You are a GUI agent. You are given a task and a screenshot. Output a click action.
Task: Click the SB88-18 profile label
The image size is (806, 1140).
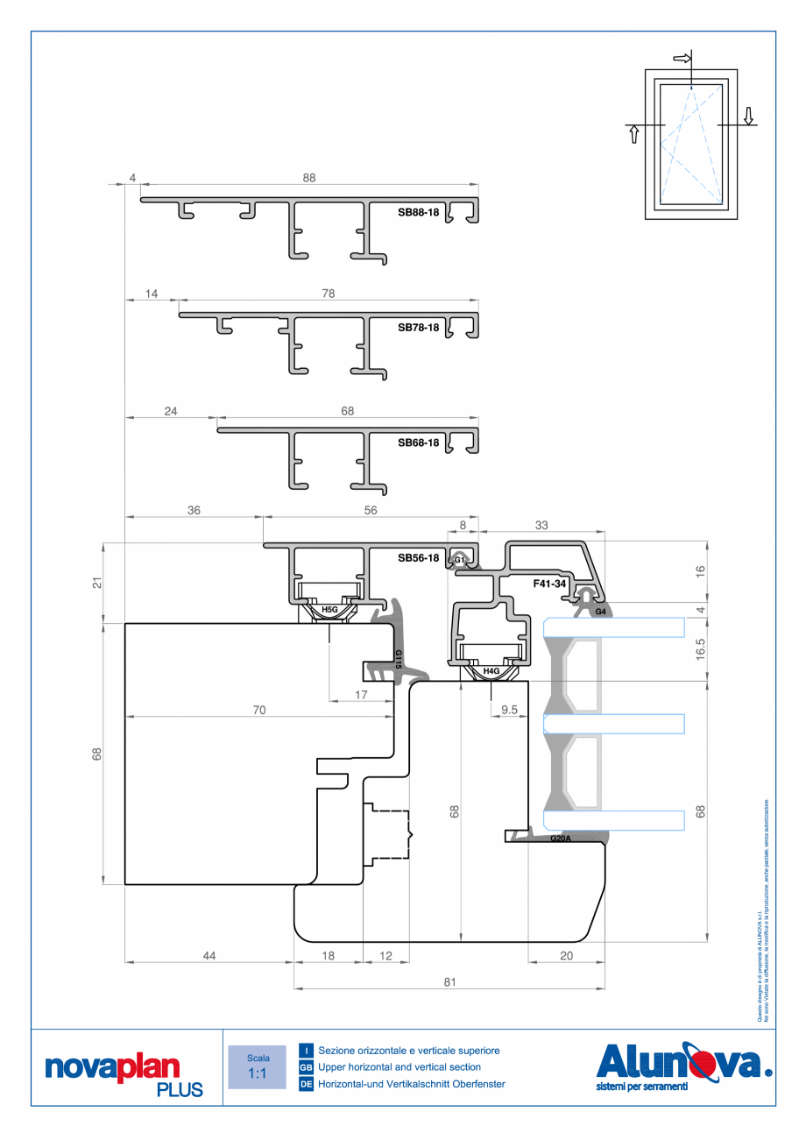(x=418, y=212)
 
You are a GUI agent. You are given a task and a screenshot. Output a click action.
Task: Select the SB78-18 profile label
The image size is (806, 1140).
(x=418, y=328)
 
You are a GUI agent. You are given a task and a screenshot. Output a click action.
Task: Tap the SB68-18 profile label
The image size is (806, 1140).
(x=418, y=443)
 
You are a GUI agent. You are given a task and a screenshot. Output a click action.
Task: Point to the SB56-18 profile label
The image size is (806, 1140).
(x=418, y=557)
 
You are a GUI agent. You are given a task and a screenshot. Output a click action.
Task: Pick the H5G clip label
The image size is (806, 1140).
(x=329, y=608)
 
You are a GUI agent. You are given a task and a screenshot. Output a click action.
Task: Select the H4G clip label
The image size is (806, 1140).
(x=491, y=671)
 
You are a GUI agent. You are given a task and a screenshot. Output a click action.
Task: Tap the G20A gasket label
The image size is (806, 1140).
(x=561, y=839)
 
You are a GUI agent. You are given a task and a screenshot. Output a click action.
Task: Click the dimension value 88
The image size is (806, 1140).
(x=308, y=178)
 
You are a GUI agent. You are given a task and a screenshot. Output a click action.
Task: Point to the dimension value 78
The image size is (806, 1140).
(x=329, y=294)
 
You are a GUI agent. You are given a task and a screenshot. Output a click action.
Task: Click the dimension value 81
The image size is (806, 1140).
(x=449, y=982)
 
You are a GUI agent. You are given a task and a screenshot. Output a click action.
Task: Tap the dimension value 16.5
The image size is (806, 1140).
(x=700, y=649)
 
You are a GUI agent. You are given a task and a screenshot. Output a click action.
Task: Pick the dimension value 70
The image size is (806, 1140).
(x=258, y=711)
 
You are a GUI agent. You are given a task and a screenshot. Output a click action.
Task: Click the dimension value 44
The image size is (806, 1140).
(x=209, y=956)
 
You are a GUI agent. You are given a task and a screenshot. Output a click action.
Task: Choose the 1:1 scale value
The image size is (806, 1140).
(x=258, y=1073)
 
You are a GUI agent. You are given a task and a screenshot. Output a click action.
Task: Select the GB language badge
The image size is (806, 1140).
(x=306, y=1067)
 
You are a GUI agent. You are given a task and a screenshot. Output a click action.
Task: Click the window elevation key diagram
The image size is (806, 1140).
(x=691, y=142)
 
